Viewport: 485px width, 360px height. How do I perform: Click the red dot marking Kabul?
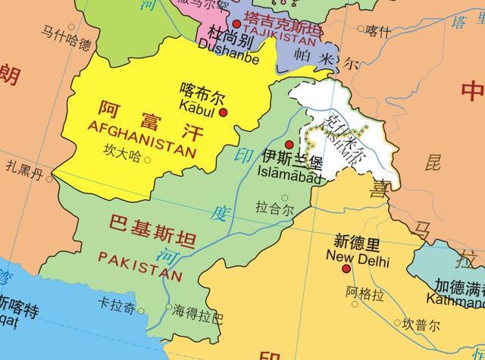click(x=224, y=113)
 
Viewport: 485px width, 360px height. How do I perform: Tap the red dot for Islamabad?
click(x=289, y=144)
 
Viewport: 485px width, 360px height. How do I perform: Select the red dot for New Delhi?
click(x=346, y=268)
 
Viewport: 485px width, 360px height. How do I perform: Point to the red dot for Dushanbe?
click(x=236, y=24)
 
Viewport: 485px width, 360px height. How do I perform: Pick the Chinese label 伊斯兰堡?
click(x=290, y=159)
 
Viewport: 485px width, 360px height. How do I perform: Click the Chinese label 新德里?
click(x=358, y=243)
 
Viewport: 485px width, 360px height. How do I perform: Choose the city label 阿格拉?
click(x=365, y=293)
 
